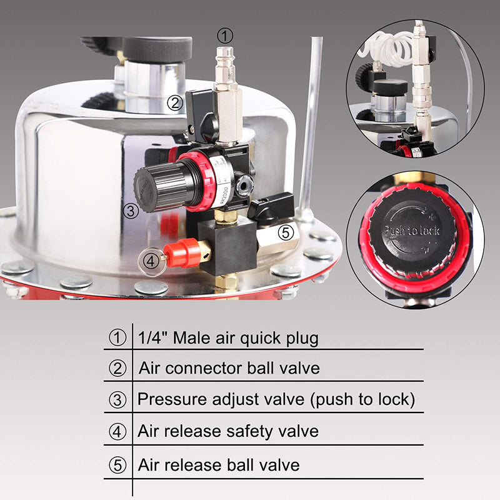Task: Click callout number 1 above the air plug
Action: pos(226,35)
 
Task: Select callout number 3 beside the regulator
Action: pos(131,210)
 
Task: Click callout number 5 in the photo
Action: pos(285,232)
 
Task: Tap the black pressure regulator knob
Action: pos(159,185)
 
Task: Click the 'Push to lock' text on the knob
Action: pos(411,231)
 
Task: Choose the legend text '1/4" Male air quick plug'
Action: pos(227,338)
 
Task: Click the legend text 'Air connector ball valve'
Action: pos(229,367)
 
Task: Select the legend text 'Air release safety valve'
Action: pos(228,431)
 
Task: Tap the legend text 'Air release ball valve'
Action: pos(219,465)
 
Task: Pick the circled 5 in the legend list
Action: pos(117,466)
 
